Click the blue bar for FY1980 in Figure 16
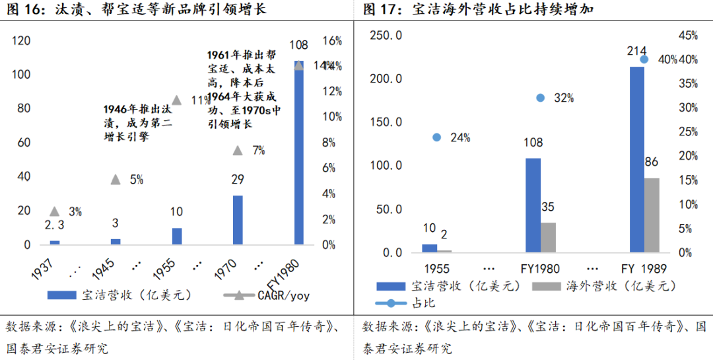pyautogui.click(x=298, y=153)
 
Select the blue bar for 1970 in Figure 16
pyautogui.click(x=238, y=220)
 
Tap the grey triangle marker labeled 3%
pyautogui.click(x=55, y=211)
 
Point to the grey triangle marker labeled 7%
pyautogui.click(x=238, y=151)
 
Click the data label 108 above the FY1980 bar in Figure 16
pyautogui.click(x=298, y=45)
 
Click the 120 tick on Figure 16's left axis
pyautogui.click(x=22, y=41)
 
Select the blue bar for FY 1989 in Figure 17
pyautogui.click(x=637, y=159)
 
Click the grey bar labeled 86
pyautogui.click(x=652, y=215)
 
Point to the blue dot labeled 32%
pyautogui.click(x=541, y=98)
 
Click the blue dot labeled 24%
pyautogui.click(x=436, y=137)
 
